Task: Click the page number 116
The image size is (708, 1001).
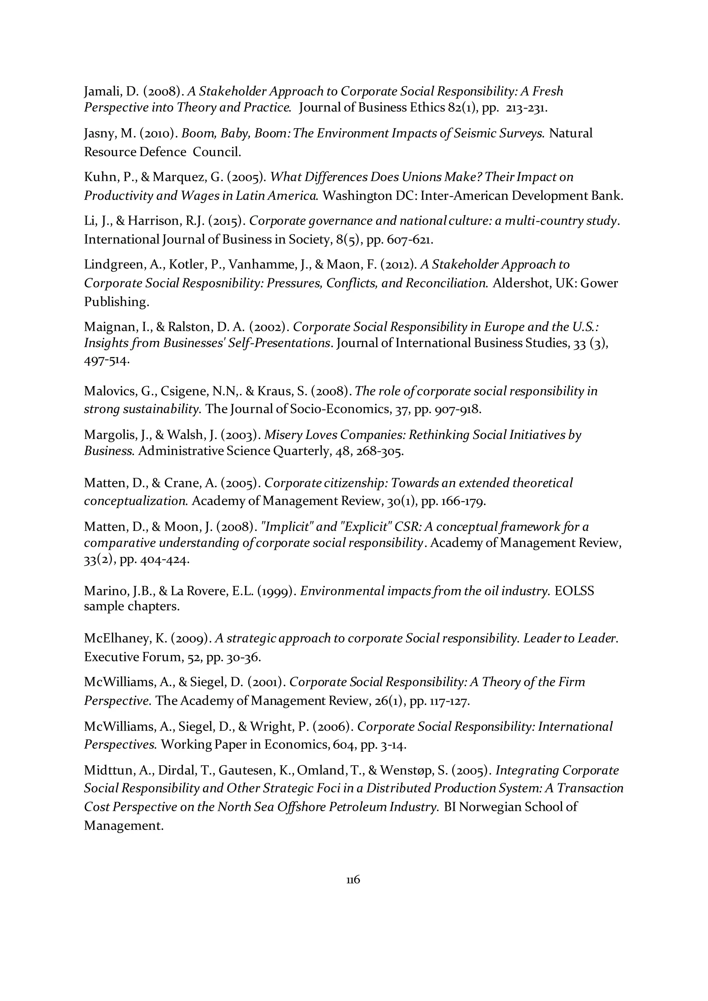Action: pos(353,880)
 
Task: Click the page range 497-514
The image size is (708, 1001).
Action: pos(106,361)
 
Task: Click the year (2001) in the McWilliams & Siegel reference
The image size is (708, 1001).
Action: pos(267,682)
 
